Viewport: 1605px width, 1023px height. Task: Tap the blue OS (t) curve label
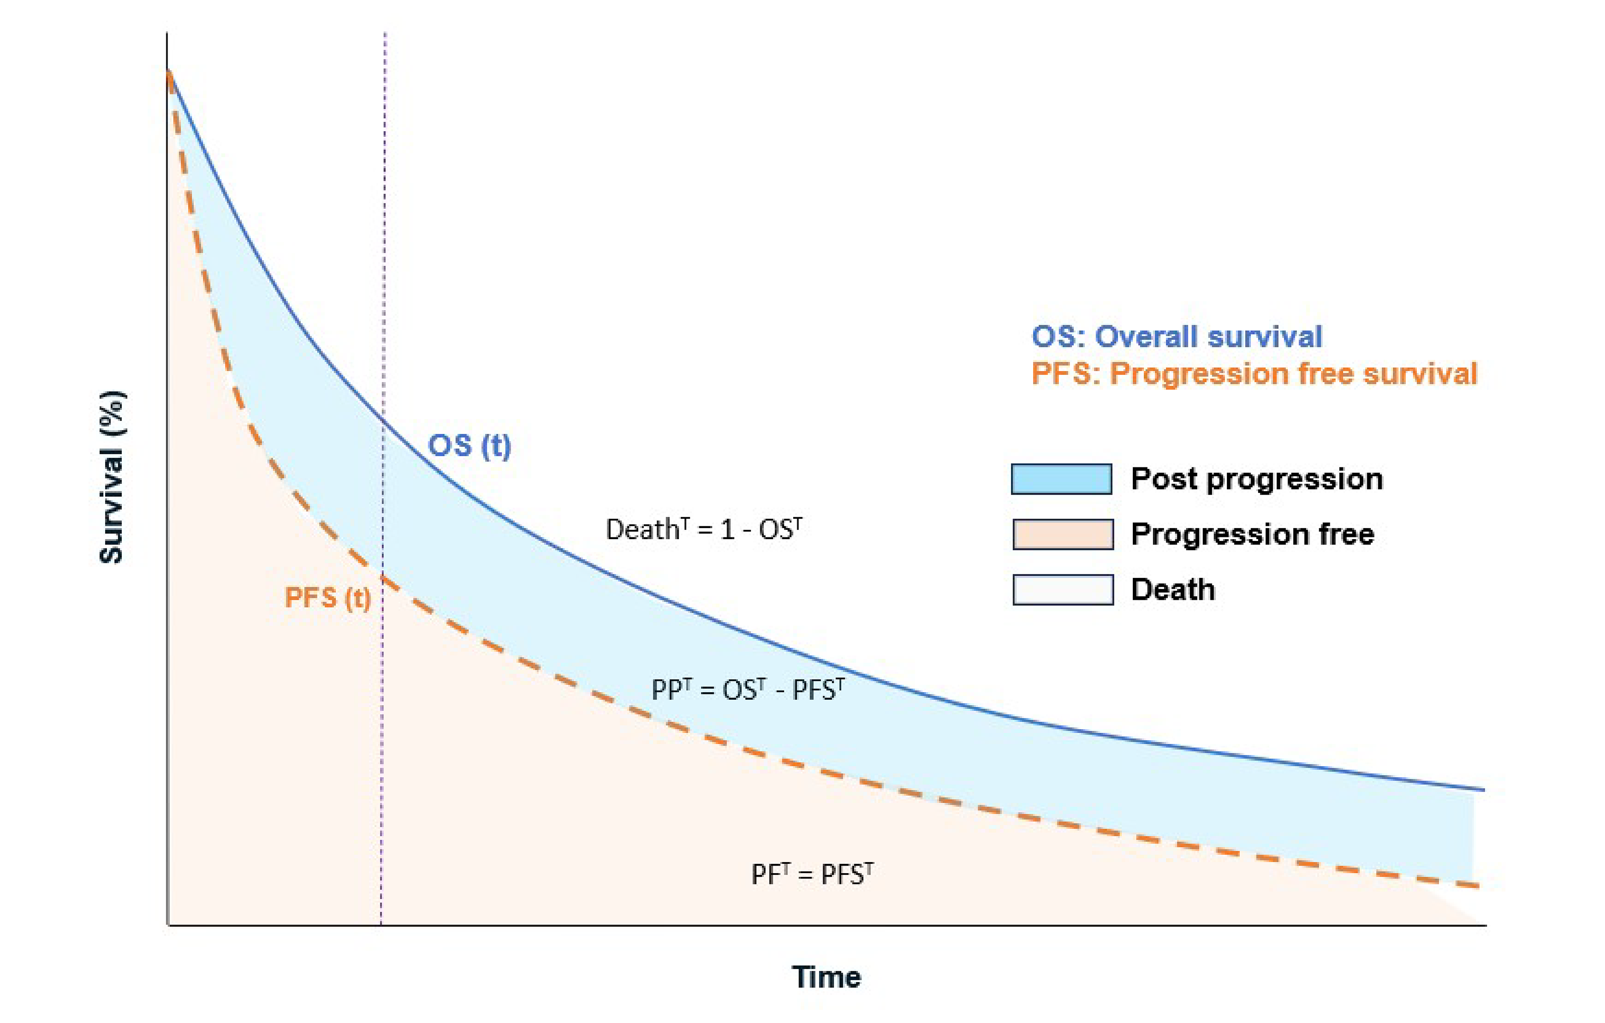click(x=469, y=445)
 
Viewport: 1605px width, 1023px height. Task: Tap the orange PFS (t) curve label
click(x=327, y=598)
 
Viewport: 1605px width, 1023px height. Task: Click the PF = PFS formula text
click(x=812, y=874)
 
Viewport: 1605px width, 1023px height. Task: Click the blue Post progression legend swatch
click(x=1061, y=479)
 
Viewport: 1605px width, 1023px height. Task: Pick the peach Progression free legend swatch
click(x=1062, y=534)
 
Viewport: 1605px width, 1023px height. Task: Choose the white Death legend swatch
click(x=1062, y=590)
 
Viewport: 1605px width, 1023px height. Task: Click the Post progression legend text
click(x=1256, y=479)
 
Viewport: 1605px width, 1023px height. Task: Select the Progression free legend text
click(x=1252, y=534)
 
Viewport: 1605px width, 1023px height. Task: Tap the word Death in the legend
click(x=1173, y=590)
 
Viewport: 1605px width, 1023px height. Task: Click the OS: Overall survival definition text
click(x=1177, y=337)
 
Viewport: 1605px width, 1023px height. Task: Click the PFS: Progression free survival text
click(x=1254, y=373)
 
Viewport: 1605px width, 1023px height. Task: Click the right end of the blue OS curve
click(x=1483, y=790)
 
